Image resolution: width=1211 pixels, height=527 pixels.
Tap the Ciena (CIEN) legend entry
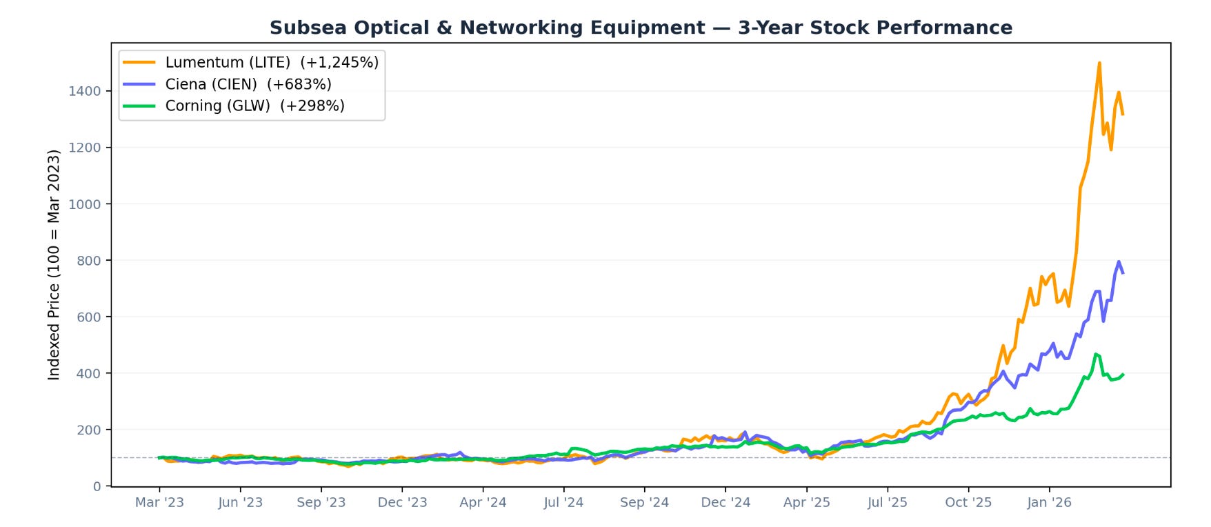pyautogui.click(x=228, y=84)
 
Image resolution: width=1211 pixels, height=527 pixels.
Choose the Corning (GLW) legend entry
pyautogui.click(x=234, y=106)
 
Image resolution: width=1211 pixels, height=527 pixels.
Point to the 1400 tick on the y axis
pyautogui.click(x=85, y=91)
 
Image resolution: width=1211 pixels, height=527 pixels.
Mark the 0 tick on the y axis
pyautogui.click(x=97, y=486)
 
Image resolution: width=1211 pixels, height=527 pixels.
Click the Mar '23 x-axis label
pyautogui.click(x=159, y=502)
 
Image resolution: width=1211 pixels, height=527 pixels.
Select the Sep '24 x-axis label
pyautogui.click(x=644, y=502)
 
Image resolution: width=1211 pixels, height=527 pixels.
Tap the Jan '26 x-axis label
pyautogui.click(x=1049, y=502)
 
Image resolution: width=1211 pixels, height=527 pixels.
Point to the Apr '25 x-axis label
pyautogui.click(x=806, y=502)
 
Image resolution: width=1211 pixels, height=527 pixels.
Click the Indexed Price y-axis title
pyautogui.click(x=54, y=265)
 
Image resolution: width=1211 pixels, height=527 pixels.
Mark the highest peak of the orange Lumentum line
pyautogui.click(x=1099, y=63)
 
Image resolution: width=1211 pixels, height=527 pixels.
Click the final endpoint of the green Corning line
pyautogui.click(x=1123, y=375)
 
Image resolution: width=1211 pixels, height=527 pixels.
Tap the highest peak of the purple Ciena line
pyautogui.click(x=1119, y=261)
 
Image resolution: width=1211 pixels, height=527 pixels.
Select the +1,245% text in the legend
pyautogui.click(x=339, y=63)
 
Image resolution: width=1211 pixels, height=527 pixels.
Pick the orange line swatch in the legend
pyautogui.click(x=139, y=62)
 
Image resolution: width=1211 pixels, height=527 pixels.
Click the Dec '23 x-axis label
pyautogui.click(x=402, y=502)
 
